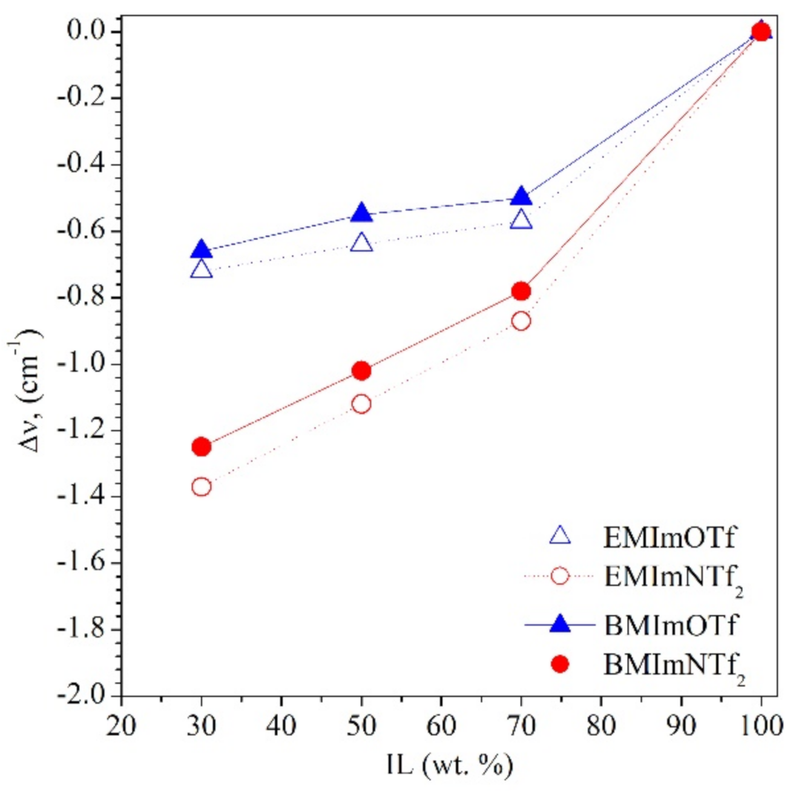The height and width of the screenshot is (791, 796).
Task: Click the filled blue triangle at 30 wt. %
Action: [201, 250]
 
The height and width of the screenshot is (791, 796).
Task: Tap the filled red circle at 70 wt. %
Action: [521, 291]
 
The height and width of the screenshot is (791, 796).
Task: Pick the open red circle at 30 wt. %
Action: [201, 486]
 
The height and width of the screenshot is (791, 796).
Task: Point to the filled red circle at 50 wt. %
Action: [361, 370]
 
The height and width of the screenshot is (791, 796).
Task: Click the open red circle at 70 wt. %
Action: [521, 321]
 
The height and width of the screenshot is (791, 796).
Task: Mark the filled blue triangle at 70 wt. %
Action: [521, 197]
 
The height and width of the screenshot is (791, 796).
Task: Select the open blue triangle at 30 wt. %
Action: [201, 270]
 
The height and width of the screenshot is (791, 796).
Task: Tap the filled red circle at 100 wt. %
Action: [761, 31]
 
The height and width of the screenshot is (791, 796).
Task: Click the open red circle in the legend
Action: [561, 575]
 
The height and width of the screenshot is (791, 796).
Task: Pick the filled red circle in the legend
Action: [561, 664]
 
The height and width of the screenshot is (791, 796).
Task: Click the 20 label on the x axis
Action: [122, 725]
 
